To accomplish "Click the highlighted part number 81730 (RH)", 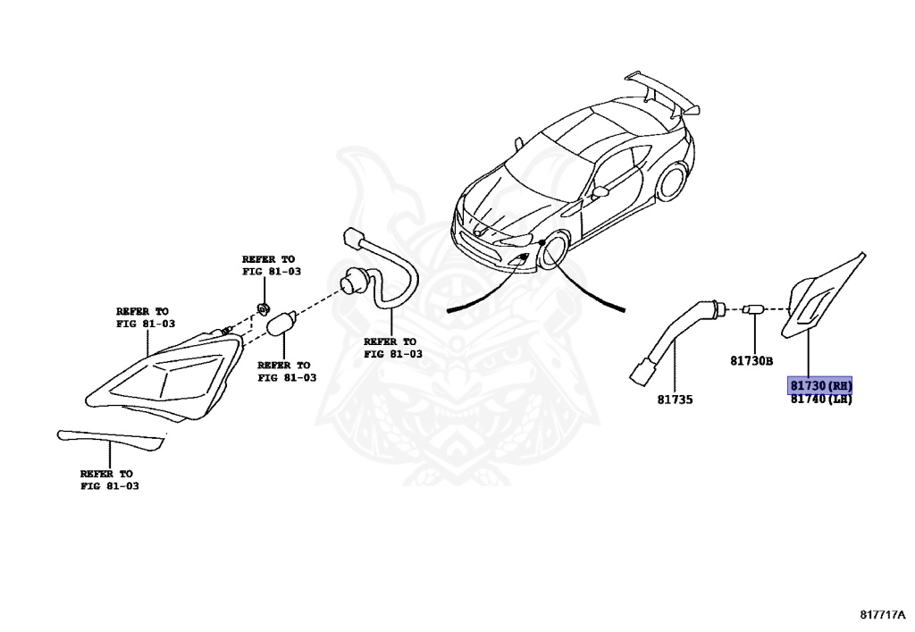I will point(820,386).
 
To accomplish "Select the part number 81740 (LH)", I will point(820,400).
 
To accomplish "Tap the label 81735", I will point(674,399).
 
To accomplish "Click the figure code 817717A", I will point(882,615).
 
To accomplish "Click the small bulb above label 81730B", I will point(753,309).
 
